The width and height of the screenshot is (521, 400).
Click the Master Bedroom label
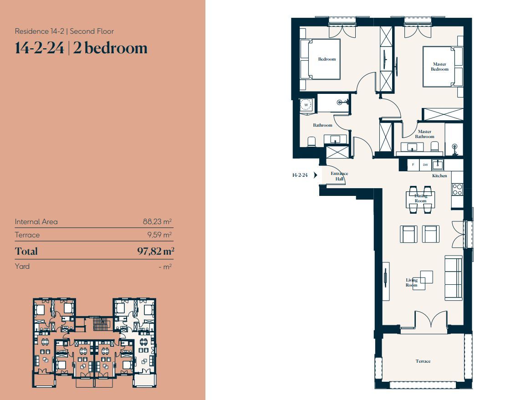[439, 67]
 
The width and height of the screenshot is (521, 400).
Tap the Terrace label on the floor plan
[423, 361]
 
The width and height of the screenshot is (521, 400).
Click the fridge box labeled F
[413, 164]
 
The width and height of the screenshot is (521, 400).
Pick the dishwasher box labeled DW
[425, 164]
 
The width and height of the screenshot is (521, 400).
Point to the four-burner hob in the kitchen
[457, 189]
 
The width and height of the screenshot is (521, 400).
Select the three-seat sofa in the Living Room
[454, 277]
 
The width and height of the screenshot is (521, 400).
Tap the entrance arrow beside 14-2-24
[315, 175]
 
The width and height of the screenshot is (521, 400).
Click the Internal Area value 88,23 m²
[157, 221]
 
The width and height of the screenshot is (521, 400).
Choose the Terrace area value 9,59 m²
[159, 235]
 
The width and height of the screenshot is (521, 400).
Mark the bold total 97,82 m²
[156, 251]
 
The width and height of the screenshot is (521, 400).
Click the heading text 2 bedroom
[110, 48]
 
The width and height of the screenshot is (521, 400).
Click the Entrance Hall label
[339, 176]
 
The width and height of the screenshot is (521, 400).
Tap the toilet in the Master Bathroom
[434, 147]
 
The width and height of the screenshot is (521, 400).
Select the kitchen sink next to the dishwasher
[438, 164]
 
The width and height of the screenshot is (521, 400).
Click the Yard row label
[22, 267]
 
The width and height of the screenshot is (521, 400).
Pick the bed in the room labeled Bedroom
[320, 59]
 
